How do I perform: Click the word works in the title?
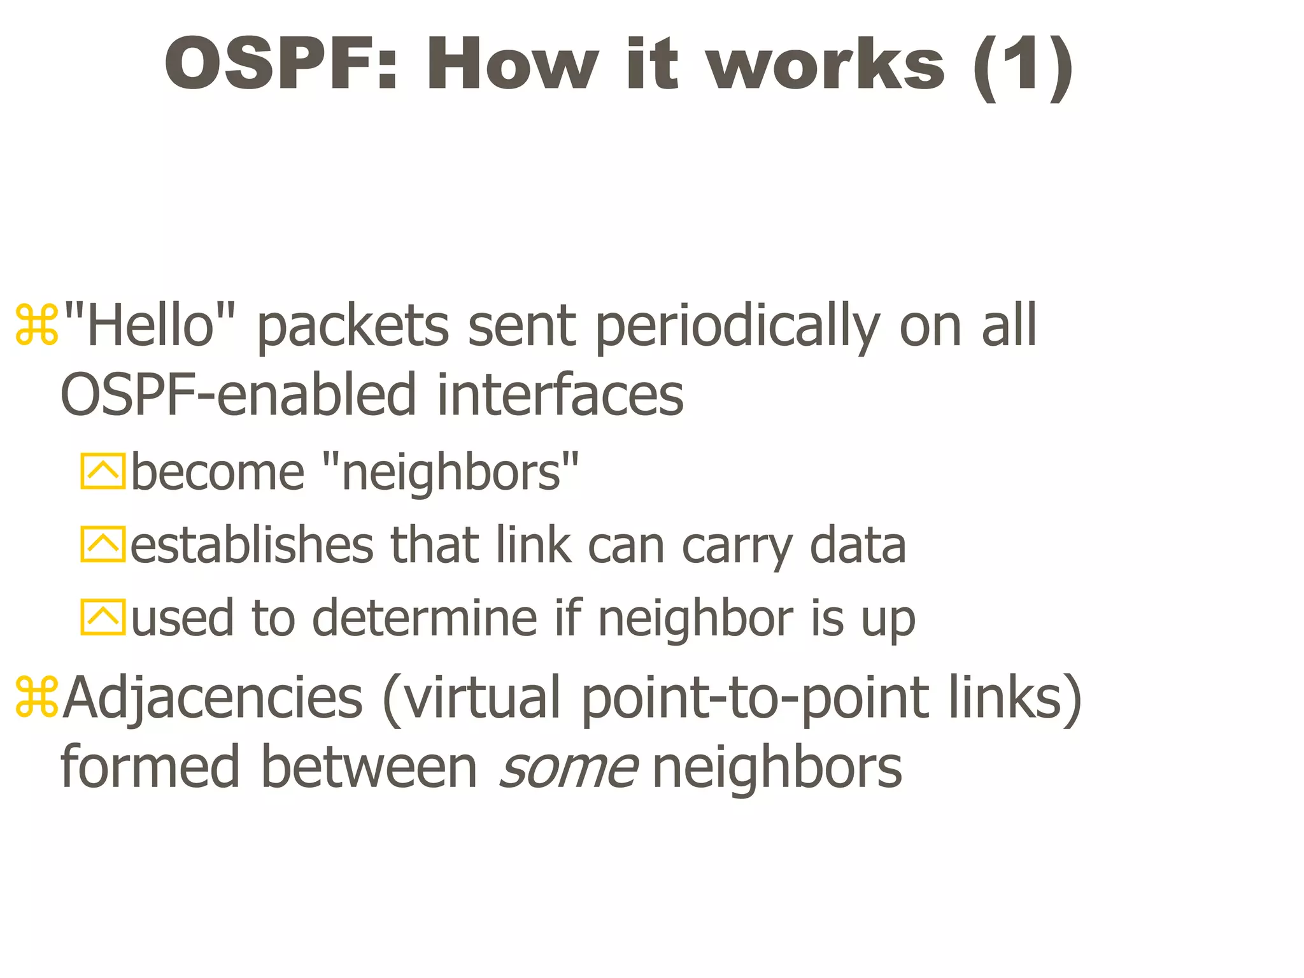pos(827,64)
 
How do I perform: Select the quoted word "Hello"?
pos(150,325)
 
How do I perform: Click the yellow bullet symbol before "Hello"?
pos(37,327)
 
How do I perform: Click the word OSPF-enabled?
pos(239,395)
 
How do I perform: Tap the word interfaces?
pos(560,395)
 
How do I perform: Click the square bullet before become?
pos(103,471)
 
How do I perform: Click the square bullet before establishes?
pos(103,544)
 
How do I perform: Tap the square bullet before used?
pos(103,617)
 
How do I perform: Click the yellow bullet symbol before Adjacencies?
pos(37,698)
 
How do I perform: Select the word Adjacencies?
pos(213,698)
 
